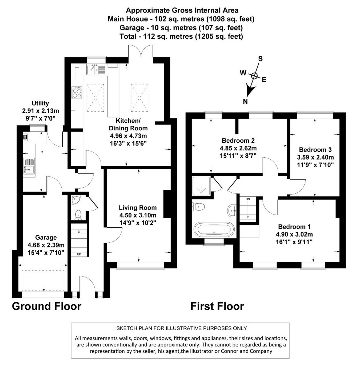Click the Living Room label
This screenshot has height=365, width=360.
pos(138,208)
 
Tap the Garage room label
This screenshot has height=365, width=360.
pos(46,237)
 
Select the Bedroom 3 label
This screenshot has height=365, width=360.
pos(315,150)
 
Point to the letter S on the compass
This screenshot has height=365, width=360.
pos(260,59)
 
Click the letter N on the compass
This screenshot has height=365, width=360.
pos(245,102)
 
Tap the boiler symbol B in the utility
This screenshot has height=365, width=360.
pos(25,137)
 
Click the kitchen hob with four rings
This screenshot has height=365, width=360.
pos(77,92)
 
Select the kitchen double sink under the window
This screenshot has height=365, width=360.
pos(97,69)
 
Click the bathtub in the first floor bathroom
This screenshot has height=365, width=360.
pos(214,230)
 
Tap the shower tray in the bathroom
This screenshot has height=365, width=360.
pos(201,186)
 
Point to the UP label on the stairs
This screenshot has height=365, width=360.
pos(79,254)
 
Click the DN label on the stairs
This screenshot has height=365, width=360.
pos(248,199)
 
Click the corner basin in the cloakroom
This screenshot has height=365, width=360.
pos(75,199)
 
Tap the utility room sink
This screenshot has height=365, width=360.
pos(29,166)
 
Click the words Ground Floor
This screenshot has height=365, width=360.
pos(46,306)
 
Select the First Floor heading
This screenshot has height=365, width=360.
pos(217,306)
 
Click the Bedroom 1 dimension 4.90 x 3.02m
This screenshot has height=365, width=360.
pos(294,234)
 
